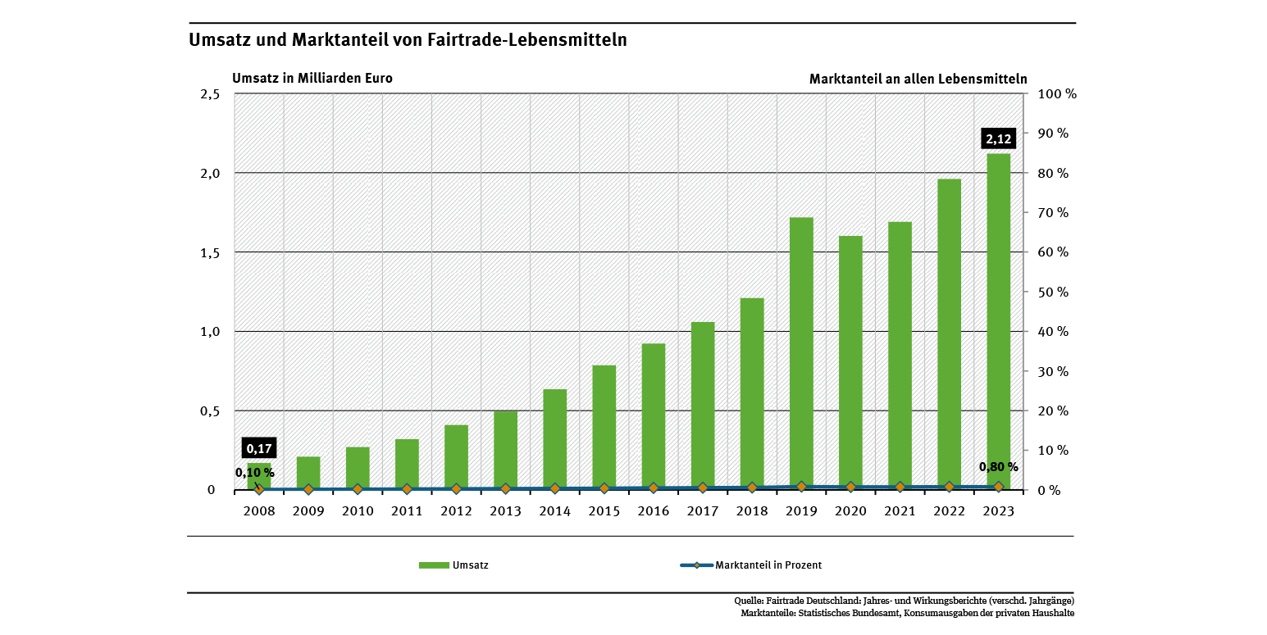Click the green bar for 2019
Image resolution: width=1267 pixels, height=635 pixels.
click(x=801, y=352)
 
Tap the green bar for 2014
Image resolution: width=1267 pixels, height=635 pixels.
click(x=554, y=438)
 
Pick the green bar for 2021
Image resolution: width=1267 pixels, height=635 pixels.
click(x=900, y=355)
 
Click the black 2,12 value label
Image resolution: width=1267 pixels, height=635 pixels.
click(x=998, y=138)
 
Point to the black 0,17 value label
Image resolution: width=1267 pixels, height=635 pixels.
click(x=259, y=448)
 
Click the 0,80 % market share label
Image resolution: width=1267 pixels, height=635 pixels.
click(x=998, y=467)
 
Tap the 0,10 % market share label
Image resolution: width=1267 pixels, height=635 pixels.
click(x=254, y=473)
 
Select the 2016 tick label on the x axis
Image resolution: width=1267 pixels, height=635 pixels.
click(x=653, y=510)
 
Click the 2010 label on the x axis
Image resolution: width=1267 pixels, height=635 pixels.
click(x=358, y=510)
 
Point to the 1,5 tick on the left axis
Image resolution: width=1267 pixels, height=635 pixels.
click(x=211, y=252)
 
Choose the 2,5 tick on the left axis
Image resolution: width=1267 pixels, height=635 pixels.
click(x=211, y=94)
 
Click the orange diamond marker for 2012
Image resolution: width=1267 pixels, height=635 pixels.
click(x=456, y=488)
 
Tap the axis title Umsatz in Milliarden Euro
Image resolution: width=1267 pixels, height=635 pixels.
click(x=312, y=79)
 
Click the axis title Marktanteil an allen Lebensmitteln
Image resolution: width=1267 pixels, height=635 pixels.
click(x=918, y=79)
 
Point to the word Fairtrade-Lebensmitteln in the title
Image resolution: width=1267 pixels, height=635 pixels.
click(x=527, y=39)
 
